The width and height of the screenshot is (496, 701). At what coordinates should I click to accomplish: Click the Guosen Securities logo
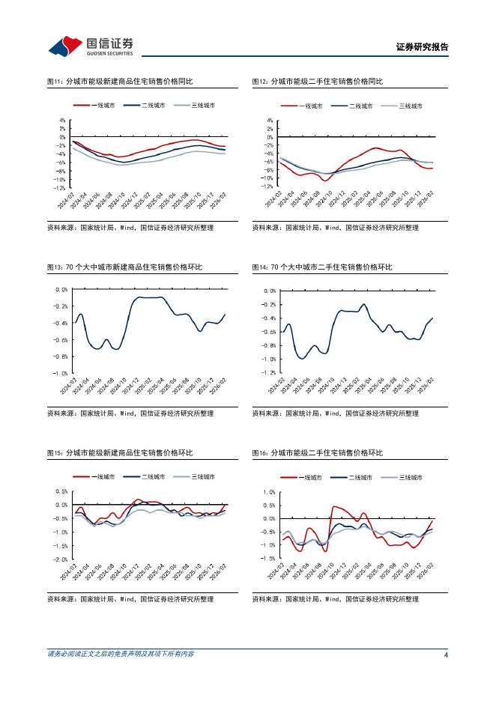point(91,46)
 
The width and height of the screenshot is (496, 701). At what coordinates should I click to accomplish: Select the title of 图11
point(119,82)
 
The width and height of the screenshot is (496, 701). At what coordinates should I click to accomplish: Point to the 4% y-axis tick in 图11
point(62,120)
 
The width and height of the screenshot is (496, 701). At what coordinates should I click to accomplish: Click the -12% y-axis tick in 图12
point(267,186)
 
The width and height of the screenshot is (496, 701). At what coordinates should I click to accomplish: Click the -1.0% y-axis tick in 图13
point(61,373)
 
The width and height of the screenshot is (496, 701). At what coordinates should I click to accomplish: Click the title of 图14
point(322,267)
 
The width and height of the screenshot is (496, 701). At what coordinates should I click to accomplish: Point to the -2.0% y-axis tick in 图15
point(61,559)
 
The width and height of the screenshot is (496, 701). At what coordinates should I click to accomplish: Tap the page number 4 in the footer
point(446,655)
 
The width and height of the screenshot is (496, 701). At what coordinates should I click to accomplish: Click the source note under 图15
point(130,599)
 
